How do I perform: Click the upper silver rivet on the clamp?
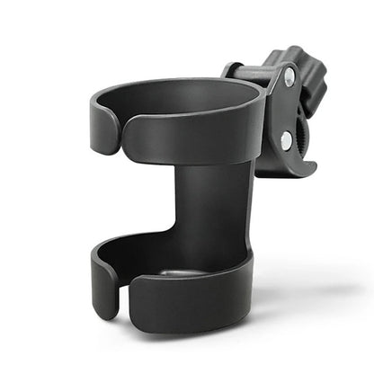pyautogui.click(x=289, y=79)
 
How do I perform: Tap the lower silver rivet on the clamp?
pyautogui.click(x=285, y=141)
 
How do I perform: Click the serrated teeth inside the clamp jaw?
pyautogui.click(x=303, y=135)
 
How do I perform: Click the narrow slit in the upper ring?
pyautogui.click(x=120, y=135)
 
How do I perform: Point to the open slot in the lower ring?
pyautogui.click(x=119, y=292)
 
